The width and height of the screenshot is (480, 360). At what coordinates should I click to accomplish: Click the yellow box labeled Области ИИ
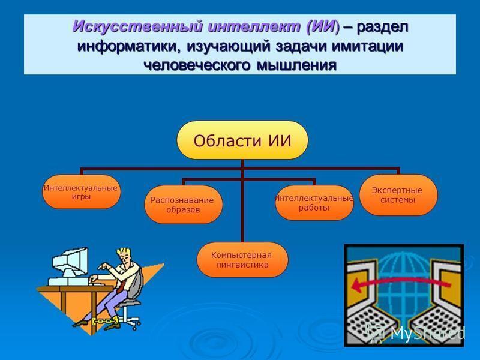242,140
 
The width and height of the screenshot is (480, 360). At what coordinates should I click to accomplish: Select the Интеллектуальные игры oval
81,192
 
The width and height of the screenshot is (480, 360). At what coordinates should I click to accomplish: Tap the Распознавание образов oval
183,205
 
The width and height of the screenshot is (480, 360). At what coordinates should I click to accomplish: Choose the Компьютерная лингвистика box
242,260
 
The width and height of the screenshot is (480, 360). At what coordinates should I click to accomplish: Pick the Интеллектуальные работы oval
314,203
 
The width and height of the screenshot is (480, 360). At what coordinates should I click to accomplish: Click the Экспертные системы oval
398,194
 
